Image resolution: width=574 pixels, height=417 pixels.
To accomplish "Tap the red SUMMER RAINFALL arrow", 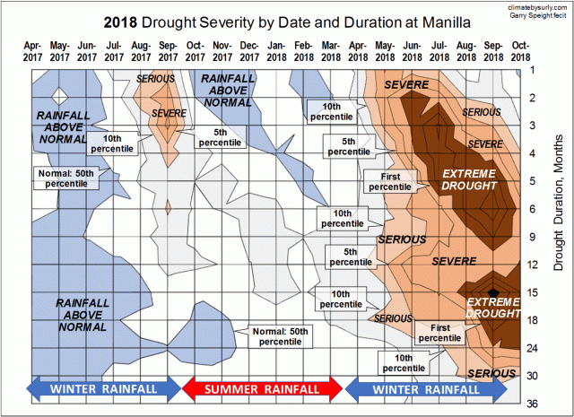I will click(x=263, y=389).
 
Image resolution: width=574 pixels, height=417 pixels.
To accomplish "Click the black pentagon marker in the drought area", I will click(x=491, y=292).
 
